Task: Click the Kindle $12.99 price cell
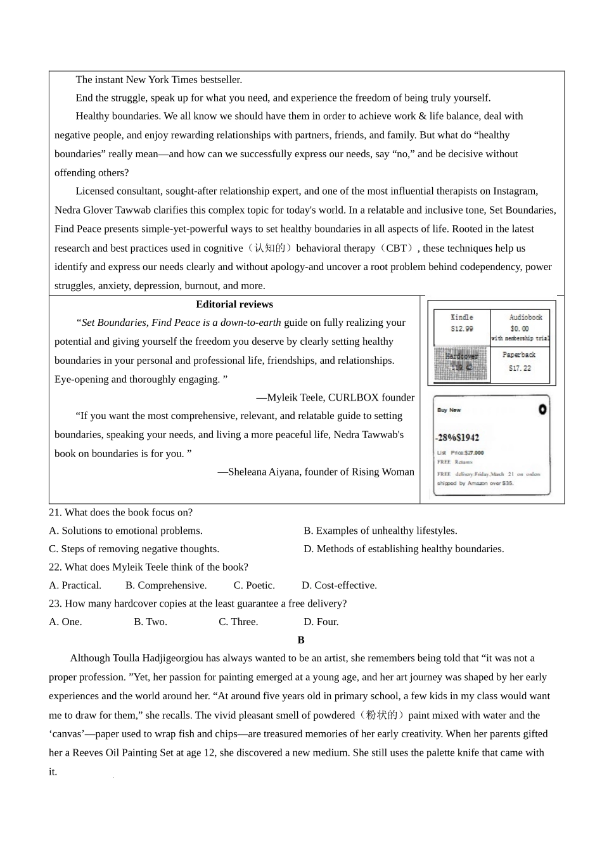[x=462, y=323]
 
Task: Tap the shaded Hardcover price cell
[x=462, y=364]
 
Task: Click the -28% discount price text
[x=457, y=437]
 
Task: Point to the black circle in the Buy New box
[x=542, y=410]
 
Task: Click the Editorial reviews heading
[x=234, y=304]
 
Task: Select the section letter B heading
[x=301, y=640]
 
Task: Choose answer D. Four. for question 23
[x=321, y=622]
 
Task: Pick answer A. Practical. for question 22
[x=75, y=585]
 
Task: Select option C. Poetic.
[x=254, y=585]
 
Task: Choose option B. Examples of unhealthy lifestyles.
[x=380, y=531]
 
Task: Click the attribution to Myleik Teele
[x=335, y=397]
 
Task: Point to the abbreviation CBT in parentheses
[x=396, y=248]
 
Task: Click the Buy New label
[x=449, y=410]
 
